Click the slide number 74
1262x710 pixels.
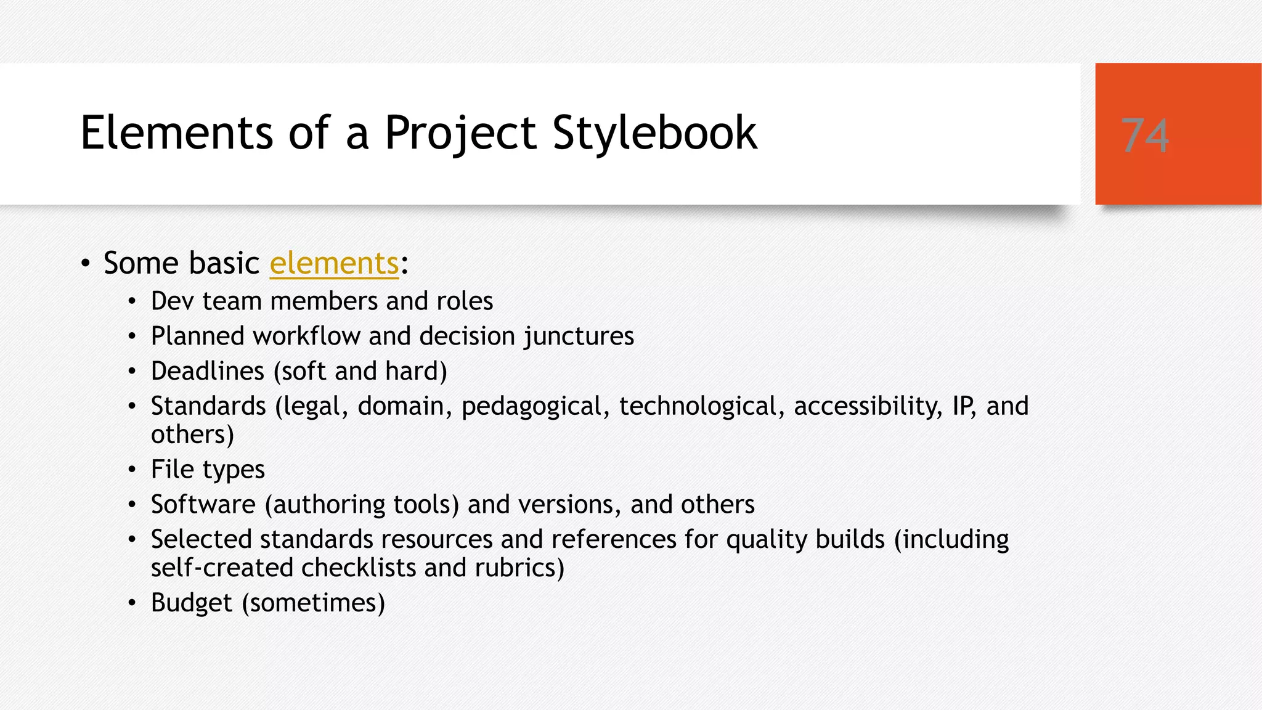[1145, 136]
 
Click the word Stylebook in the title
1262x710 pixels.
[654, 133]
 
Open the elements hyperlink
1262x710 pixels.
[334, 263]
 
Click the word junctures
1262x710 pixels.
[579, 337]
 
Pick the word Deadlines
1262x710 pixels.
[208, 372]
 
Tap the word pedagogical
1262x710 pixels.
[531, 407]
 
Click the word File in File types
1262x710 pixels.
[173, 470]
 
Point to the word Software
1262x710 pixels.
[203, 505]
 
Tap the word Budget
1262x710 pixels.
[192, 603]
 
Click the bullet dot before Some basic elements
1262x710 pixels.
[86, 264]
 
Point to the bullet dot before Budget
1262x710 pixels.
[132, 603]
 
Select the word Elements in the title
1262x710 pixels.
[177, 133]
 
